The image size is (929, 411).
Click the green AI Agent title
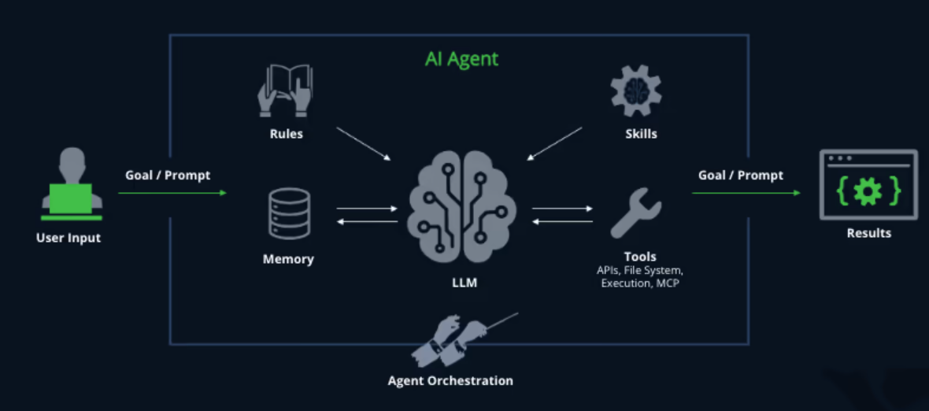coord(461,59)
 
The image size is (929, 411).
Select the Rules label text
coord(286,134)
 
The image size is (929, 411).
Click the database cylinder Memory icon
coord(289,213)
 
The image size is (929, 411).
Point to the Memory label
coord(288,259)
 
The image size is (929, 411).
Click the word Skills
coord(640,134)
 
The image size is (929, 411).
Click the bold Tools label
coord(640,257)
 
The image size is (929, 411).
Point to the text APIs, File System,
coord(640,270)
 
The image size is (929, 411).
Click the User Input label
coord(68,238)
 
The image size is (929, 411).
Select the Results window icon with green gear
coord(868,185)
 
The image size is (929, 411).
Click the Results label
coord(869,233)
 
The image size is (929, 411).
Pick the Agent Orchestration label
coord(450,381)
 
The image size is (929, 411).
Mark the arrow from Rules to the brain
coord(363,143)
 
